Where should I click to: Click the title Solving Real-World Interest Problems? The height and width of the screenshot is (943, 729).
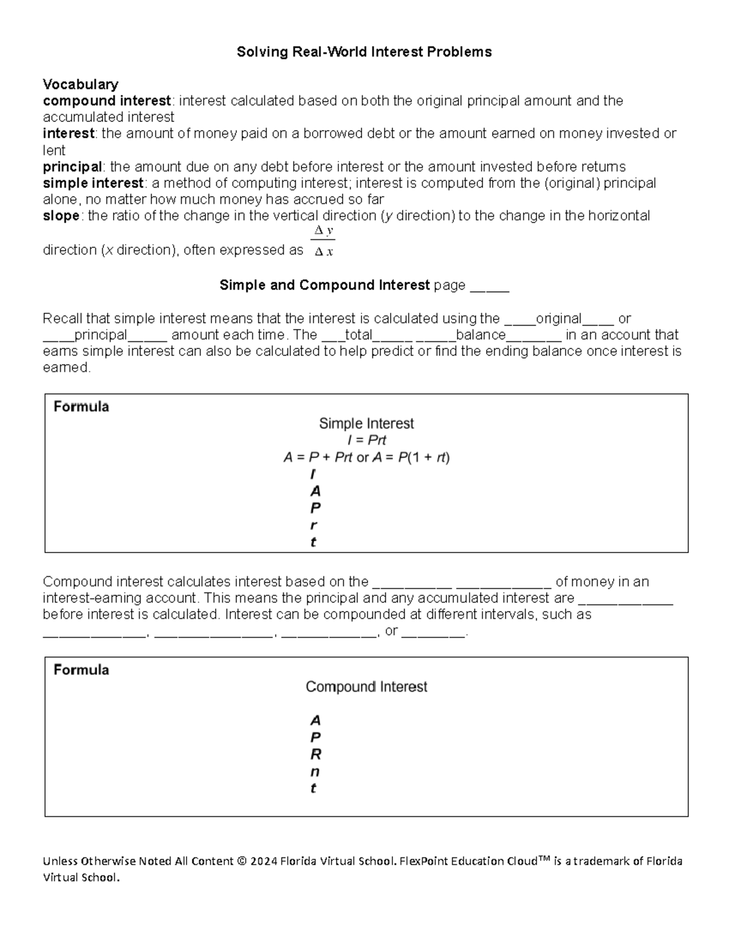pos(364,52)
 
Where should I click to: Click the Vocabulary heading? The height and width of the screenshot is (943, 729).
pos(80,84)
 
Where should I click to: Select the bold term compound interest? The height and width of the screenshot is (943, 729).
pos(107,100)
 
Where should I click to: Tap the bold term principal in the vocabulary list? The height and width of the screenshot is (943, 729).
pos(72,166)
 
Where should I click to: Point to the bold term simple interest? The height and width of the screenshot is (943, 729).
pos(93,183)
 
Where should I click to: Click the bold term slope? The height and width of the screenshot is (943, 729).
pos(61,216)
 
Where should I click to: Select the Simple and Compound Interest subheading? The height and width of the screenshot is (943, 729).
pos(324,285)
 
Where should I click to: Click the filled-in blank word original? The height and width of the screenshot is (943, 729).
pos(558,318)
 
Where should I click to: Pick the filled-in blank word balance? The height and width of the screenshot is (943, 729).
pos(481,335)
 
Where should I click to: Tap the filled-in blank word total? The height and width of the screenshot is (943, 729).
pos(358,335)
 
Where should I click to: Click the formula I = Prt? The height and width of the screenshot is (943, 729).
pos(366,440)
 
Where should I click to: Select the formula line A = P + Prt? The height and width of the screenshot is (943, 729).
pos(366,457)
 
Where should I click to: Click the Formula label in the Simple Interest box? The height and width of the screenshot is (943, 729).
pos(81,407)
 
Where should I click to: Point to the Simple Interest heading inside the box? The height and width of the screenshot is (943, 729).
pos(366,423)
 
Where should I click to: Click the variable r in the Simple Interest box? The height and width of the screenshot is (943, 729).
pos(313,525)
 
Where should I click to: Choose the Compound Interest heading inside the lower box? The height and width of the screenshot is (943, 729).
pos(366,687)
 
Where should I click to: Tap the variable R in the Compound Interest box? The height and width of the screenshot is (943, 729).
pos(315,754)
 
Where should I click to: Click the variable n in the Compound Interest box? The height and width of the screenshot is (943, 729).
pos(315,772)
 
